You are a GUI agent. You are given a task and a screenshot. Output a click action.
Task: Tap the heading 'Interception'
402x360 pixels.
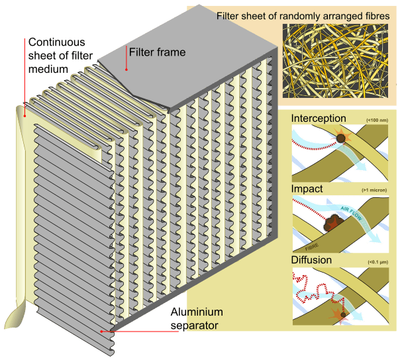tap(319, 118)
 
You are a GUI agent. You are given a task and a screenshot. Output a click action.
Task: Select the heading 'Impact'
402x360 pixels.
tap(307, 189)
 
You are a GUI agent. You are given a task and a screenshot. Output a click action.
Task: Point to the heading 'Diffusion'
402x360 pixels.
tap(311, 260)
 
